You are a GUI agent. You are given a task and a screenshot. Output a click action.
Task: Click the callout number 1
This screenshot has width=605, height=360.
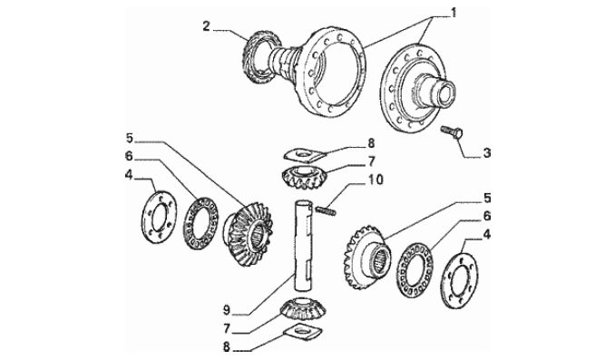pos(454,13)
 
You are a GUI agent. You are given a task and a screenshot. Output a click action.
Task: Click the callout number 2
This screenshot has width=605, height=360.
pos(207,26)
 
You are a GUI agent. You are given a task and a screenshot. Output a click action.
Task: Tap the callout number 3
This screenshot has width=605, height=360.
pos(487,153)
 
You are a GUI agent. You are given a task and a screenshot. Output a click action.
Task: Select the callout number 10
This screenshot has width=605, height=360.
pos(376,180)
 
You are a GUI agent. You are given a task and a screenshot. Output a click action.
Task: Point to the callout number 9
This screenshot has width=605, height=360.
pos(226,309)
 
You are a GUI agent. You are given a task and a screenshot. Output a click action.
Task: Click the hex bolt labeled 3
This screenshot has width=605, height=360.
pos(452,132)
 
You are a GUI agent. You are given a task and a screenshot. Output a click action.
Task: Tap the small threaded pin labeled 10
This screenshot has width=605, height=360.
pos(326,210)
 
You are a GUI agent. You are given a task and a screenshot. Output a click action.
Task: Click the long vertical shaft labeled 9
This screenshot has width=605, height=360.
pos(303,245)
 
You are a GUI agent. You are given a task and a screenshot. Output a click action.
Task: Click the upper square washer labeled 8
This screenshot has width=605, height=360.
pos(305,155)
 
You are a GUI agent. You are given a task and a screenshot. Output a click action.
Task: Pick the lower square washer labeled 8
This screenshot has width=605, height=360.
pos(303,332)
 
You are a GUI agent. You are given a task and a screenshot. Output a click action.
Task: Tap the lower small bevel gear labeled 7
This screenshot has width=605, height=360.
pos(303,308)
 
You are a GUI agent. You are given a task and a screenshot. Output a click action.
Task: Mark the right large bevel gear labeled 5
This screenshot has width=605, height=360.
pos(366,258)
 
